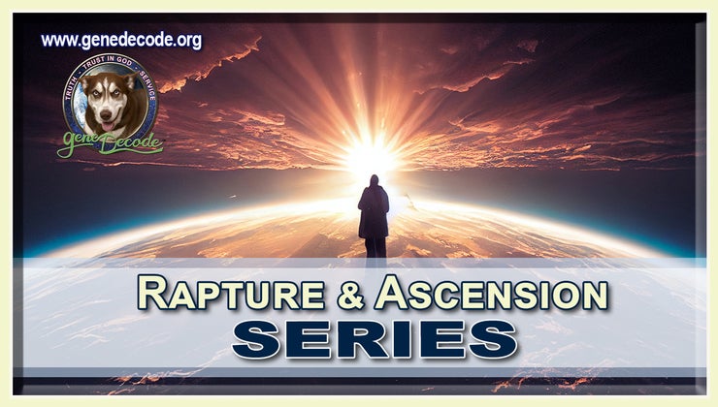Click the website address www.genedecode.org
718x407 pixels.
click(121, 41)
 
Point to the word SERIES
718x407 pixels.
click(374, 338)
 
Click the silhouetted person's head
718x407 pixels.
click(374, 180)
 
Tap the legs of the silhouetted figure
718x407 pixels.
click(375, 246)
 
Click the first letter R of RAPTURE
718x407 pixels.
click(149, 292)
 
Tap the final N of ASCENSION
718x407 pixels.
click(595, 294)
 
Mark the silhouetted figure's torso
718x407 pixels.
click(374, 208)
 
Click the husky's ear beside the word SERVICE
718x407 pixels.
click(128, 84)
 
